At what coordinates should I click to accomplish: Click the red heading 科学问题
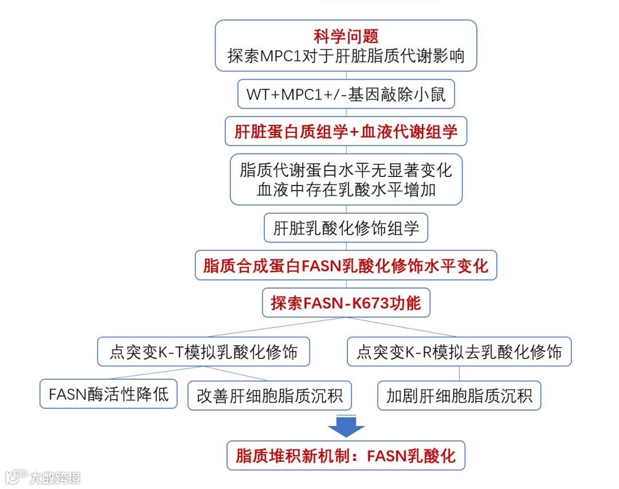pyautogui.click(x=346, y=37)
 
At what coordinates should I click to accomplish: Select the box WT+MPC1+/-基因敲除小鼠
pyautogui.click(x=346, y=94)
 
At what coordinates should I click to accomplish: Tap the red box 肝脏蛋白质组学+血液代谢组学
pyautogui.click(x=346, y=132)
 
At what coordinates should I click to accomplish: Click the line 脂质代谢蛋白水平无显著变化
pyautogui.click(x=346, y=170)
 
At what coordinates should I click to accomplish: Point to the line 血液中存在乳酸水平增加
pyautogui.click(x=346, y=190)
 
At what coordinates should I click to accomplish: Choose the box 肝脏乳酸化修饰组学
pyautogui.click(x=346, y=228)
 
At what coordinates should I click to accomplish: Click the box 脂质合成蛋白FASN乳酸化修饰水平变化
pyautogui.click(x=346, y=266)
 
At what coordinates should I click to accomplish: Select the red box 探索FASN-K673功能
pyautogui.click(x=346, y=303)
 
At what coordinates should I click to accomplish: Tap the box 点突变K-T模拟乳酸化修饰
pyautogui.click(x=203, y=352)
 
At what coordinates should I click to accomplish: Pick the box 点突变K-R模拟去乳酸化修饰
pyautogui.click(x=459, y=352)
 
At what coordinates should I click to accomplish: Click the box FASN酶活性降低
pyautogui.click(x=108, y=395)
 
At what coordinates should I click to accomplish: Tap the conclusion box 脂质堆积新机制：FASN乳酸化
pyautogui.click(x=346, y=456)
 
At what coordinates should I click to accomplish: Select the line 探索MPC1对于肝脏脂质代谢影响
pyautogui.click(x=346, y=56)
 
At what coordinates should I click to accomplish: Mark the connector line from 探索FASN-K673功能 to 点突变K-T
pyautogui.click(x=275, y=327)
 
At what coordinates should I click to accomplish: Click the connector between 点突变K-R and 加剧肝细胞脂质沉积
pyautogui.click(x=459, y=374)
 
